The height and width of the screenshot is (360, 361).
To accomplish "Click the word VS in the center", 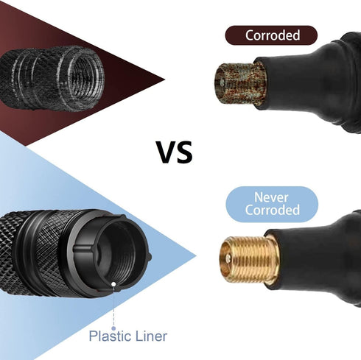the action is (174, 152).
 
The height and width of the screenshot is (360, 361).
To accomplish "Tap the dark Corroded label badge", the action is (271, 35).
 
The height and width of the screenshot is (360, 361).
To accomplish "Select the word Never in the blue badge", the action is (271, 197).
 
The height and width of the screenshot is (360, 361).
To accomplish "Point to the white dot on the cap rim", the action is (113, 284).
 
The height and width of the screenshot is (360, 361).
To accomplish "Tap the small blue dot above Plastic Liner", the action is (113, 328).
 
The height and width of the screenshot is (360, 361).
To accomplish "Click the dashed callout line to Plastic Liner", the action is (113, 306).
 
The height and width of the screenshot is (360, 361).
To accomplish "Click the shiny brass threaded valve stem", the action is (249, 259).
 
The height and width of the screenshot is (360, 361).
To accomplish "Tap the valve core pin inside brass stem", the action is (228, 258).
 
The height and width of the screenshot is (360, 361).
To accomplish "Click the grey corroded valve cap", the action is (52, 79).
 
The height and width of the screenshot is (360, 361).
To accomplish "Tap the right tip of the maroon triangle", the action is (164, 80).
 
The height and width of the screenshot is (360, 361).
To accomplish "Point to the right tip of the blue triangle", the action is (196, 256).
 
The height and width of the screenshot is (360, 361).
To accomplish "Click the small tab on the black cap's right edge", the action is (150, 257).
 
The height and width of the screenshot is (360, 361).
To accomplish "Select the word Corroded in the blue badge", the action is (272, 210).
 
